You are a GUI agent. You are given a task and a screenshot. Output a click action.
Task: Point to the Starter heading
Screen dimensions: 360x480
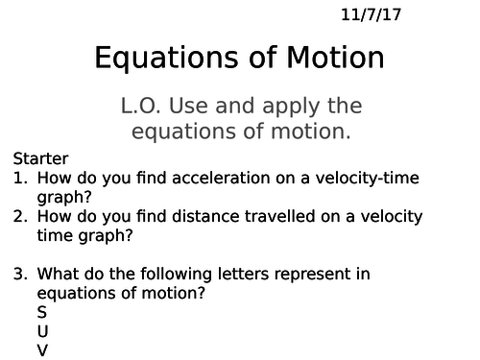(41, 158)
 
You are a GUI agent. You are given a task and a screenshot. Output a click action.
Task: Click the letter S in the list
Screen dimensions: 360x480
(41, 312)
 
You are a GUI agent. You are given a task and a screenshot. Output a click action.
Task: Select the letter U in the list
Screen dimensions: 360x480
(42, 331)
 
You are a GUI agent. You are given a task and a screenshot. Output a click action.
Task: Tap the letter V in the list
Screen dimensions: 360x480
(42, 350)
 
